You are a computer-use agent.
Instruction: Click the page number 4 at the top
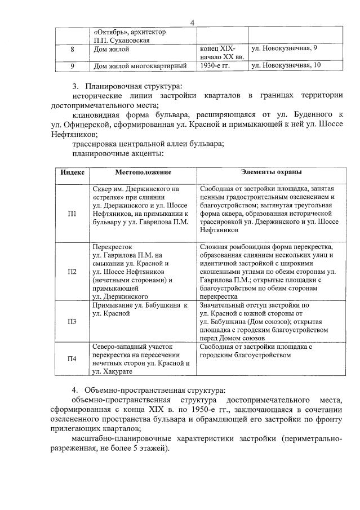pos(192,23)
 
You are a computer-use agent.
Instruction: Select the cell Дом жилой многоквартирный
pos(139,66)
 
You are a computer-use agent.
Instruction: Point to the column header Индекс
pos(72,172)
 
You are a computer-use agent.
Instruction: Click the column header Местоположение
pos(143,172)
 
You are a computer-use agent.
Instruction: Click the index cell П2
pos(72,272)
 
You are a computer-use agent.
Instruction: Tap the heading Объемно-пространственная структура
pos(154,391)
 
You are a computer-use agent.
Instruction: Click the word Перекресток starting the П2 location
pos(113,247)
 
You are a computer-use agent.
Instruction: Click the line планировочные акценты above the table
pos(118,153)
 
